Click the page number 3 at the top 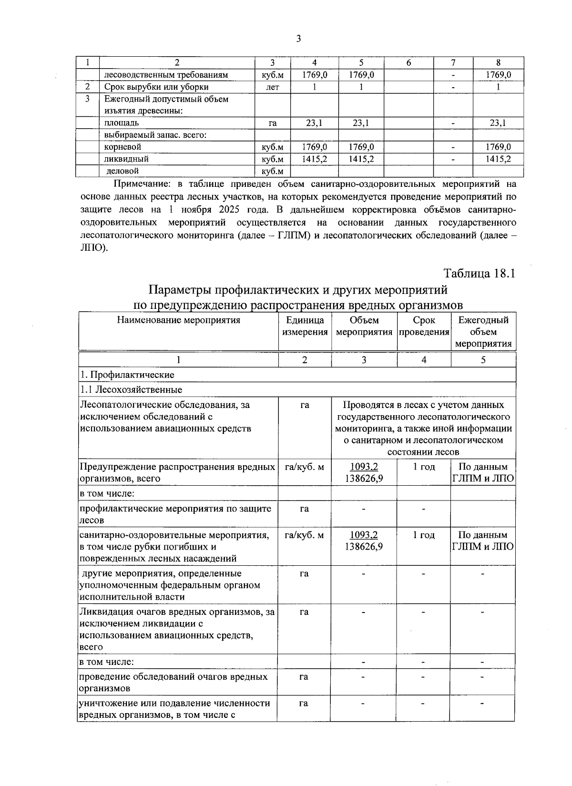coord(298,39)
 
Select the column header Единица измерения coord(305,326)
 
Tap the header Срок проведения coord(424,326)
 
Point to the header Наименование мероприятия coord(178,320)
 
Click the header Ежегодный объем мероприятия coord(483,332)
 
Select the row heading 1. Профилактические coord(127,375)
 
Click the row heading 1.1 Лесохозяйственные coord(131,389)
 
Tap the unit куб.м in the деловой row coord(273,171)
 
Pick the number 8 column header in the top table coord(498,62)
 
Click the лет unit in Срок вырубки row coord(273,87)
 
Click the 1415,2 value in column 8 coord(498,159)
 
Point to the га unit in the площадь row coord(273,123)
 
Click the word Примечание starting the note coord(142,184)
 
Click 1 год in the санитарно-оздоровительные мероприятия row coord(424,535)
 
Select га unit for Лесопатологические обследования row coord(305,405)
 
